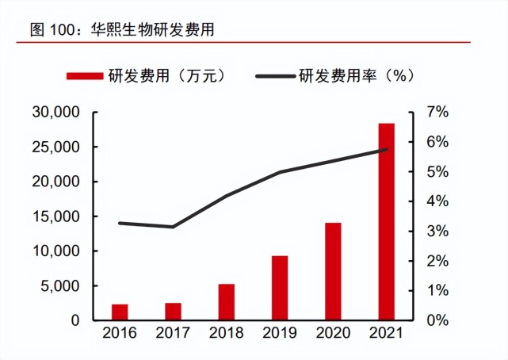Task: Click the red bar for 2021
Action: coord(386,222)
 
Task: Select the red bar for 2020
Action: coord(333,271)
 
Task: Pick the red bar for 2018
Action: coord(227,302)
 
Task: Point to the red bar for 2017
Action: coord(173,312)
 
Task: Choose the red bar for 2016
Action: coord(120,312)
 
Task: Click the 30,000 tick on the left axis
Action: coord(56,113)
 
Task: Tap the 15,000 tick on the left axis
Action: coord(56,216)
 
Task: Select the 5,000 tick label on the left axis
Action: coord(60,286)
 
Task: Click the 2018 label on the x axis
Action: coord(227,334)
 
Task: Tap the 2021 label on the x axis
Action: coord(386,334)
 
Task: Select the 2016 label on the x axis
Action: coord(120,334)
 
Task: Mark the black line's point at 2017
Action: coord(173,227)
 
